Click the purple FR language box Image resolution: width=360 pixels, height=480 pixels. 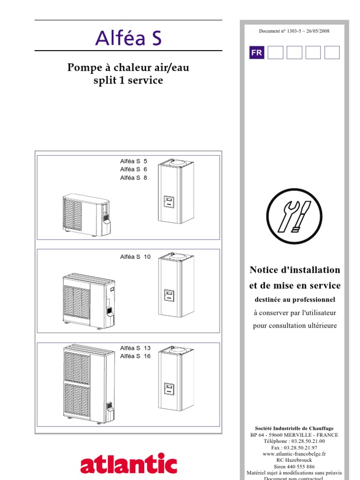point(256,53)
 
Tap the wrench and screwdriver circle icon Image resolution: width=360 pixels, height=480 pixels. point(294,217)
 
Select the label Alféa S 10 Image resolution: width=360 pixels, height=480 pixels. point(135,257)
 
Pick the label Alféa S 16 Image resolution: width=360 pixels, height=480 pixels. point(135,356)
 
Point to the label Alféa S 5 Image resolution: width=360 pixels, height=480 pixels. point(134,161)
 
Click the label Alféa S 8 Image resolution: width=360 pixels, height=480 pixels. point(134,178)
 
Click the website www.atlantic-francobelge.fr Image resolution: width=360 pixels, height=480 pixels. point(294,454)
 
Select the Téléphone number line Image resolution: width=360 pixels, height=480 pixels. point(294,441)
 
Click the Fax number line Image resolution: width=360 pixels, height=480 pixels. point(294,448)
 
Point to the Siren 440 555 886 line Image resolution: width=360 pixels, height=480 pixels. point(294,467)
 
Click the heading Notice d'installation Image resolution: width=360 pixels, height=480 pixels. point(295,270)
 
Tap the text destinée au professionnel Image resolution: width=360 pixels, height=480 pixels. point(295,300)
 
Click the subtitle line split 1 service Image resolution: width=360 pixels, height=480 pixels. point(128,81)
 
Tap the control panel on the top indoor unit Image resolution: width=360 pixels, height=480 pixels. point(168,202)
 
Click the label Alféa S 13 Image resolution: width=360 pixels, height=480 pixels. point(135,348)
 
